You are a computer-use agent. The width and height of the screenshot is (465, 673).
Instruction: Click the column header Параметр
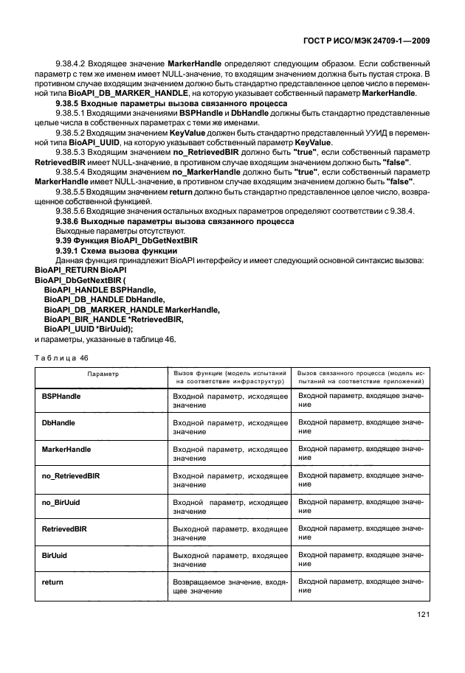(103, 374)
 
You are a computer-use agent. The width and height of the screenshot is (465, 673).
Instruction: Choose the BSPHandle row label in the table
(61, 397)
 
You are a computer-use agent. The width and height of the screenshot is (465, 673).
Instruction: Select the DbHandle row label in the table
(58, 422)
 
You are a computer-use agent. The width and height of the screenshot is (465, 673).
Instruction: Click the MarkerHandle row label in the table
(66, 449)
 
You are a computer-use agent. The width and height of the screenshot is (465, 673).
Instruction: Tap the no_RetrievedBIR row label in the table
(71, 475)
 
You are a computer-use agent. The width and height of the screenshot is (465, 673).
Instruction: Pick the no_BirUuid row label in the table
(61, 502)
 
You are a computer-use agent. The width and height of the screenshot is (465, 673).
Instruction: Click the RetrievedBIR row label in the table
(65, 529)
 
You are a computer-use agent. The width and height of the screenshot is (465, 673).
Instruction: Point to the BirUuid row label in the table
(55, 555)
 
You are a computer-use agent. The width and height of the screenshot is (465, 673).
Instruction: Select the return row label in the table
(52, 582)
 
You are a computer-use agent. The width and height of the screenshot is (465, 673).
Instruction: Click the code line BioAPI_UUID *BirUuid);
(90, 329)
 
